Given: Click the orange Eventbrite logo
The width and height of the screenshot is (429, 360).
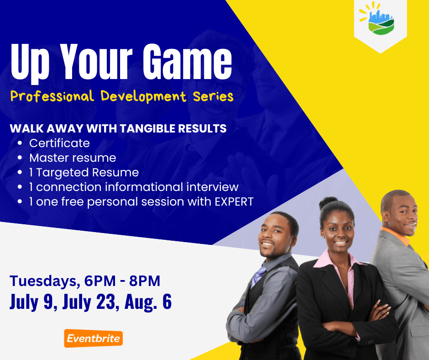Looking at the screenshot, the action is click(x=94, y=339).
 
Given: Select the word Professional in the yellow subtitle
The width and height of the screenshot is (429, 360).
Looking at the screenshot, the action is click(x=52, y=96).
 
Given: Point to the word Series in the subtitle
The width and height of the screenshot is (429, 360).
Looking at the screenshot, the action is click(x=213, y=96).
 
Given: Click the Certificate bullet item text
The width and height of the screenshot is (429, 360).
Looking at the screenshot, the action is click(x=60, y=143).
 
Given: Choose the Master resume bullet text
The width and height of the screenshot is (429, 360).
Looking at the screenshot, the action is click(x=73, y=158).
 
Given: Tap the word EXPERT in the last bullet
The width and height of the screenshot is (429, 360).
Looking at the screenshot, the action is click(x=234, y=201).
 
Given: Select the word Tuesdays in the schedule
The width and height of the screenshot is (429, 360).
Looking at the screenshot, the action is click(x=43, y=281).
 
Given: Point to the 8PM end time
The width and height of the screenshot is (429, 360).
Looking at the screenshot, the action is click(x=145, y=281).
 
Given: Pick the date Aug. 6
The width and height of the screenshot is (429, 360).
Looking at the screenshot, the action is click(x=148, y=302).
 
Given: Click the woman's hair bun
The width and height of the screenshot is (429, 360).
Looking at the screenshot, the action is click(x=328, y=202).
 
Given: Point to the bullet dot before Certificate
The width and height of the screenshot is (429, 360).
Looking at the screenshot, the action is click(x=20, y=143).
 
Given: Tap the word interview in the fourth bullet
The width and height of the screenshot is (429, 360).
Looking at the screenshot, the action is click(x=213, y=187).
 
